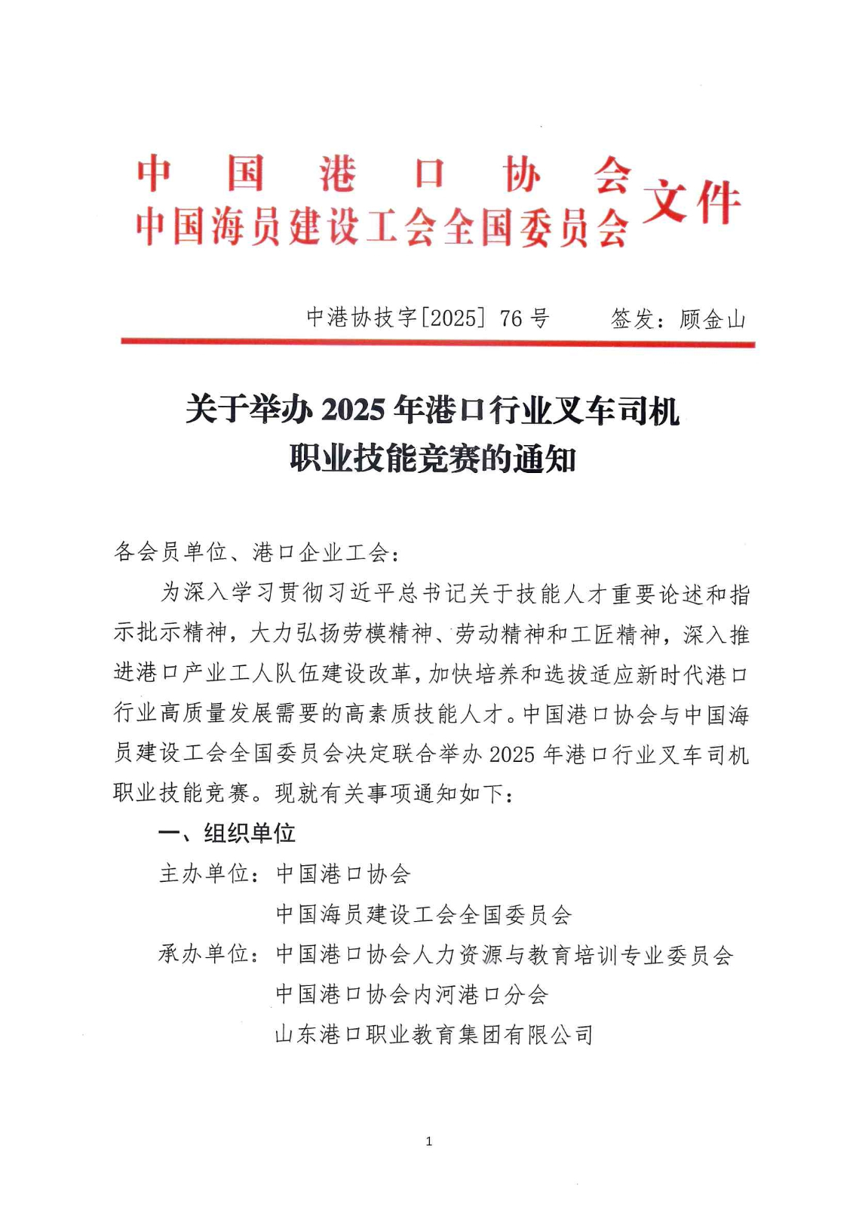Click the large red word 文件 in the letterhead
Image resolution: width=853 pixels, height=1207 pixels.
click(691, 202)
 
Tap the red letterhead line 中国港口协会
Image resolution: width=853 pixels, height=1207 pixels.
click(383, 174)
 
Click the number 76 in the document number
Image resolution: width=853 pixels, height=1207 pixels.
click(511, 318)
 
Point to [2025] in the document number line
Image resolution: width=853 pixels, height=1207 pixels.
click(453, 318)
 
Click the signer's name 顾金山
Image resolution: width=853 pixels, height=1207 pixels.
click(712, 319)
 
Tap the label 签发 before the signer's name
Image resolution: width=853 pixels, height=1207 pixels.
click(632, 319)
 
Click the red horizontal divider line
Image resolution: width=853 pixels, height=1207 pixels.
click(437, 343)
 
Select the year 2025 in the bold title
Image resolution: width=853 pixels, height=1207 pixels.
click(353, 410)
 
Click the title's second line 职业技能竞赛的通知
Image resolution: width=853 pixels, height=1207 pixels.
click(433, 459)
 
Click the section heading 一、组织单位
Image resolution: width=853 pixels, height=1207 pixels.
click(227, 833)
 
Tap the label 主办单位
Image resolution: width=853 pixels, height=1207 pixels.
click(204, 874)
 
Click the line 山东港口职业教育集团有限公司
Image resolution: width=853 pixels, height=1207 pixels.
click(434, 1034)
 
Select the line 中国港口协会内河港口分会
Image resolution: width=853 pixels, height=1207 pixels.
click(412, 994)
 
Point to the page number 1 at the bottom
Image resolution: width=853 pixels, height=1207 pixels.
click(428, 1141)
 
